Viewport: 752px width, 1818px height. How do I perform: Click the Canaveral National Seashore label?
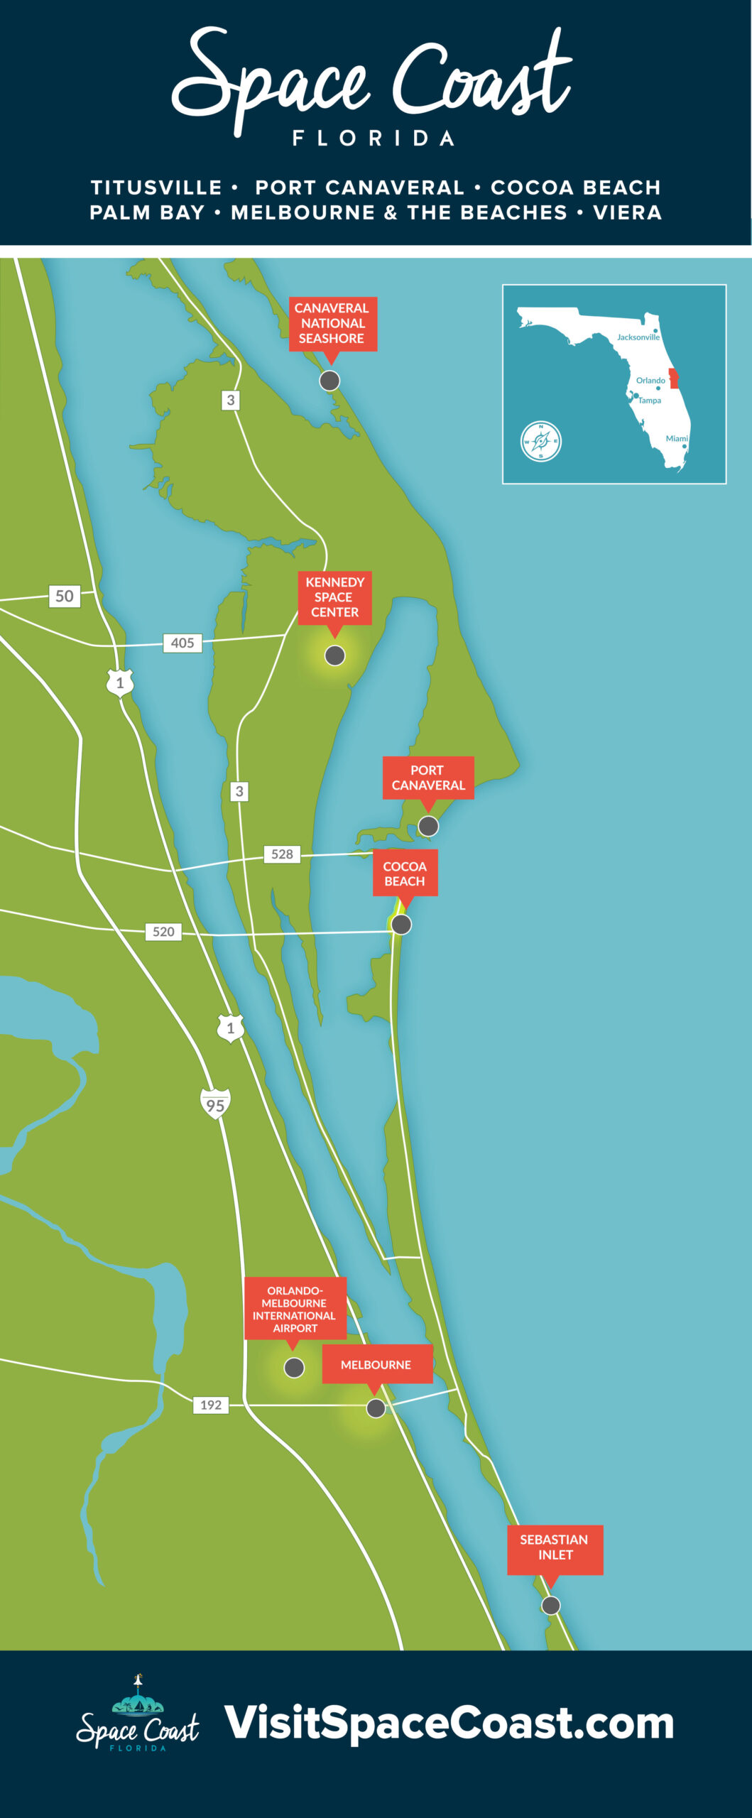pyautogui.click(x=332, y=323)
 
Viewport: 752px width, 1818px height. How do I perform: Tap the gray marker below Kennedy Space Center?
pyautogui.click(x=334, y=655)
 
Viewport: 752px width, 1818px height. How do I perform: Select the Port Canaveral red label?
pyautogui.click(x=427, y=778)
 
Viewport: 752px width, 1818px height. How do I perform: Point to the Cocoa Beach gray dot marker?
pyautogui.click(x=401, y=924)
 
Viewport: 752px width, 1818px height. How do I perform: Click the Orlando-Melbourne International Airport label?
pyautogui.click(x=295, y=1309)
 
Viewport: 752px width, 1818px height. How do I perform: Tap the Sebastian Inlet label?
pyautogui.click(x=555, y=1547)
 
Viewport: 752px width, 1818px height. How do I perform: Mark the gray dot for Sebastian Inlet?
pyautogui.click(x=550, y=1605)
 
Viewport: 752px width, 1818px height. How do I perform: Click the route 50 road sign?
pyautogui.click(x=65, y=596)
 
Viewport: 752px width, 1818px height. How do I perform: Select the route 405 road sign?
pyautogui.click(x=182, y=643)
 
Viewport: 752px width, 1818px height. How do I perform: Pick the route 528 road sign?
pyautogui.click(x=282, y=854)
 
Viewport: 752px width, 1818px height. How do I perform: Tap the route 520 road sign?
pyautogui.click(x=163, y=931)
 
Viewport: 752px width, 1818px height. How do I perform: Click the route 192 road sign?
pyautogui.click(x=211, y=1405)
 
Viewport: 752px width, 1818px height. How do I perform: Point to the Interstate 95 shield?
pyautogui.click(x=215, y=1104)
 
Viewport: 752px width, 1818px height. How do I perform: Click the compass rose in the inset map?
pyautogui.click(x=540, y=441)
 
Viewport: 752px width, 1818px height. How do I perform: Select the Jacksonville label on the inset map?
pyautogui.click(x=638, y=337)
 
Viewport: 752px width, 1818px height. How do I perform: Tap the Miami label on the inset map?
pyautogui.click(x=676, y=438)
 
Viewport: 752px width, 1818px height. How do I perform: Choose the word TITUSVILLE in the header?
pyautogui.click(x=156, y=187)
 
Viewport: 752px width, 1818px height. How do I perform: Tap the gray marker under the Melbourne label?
pyautogui.click(x=376, y=1408)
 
